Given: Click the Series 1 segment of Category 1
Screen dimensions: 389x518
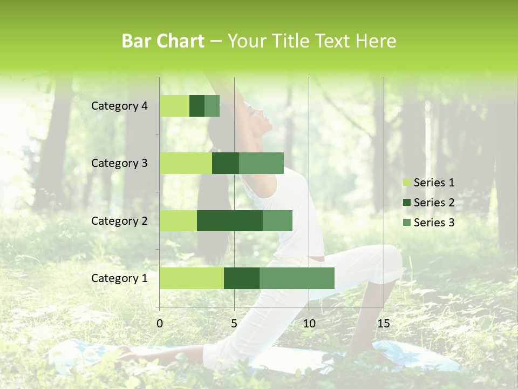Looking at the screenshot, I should (192, 278).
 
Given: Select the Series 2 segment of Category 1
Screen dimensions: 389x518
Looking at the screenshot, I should (242, 278).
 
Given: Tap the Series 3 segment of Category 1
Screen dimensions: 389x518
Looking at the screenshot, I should (297, 278).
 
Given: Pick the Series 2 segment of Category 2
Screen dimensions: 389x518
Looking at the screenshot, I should (230, 220).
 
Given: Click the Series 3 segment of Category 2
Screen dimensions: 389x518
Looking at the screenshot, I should (277, 220).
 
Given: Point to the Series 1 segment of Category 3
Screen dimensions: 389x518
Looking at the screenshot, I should (186, 163).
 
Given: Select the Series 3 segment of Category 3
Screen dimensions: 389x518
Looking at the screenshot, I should (261, 163).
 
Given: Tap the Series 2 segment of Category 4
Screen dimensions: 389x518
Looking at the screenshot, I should (197, 106).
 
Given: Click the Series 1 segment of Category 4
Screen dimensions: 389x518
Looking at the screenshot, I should (174, 106).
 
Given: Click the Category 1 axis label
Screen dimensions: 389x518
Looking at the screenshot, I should (119, 278).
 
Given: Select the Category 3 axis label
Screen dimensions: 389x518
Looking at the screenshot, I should (119, 163).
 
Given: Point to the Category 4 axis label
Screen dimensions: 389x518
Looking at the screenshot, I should (119, 106).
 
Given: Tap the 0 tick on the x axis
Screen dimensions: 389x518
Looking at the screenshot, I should (160, 324).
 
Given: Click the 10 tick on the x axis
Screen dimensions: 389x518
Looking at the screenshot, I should (309, 324).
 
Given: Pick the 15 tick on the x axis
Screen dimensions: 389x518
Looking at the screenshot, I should (384, 324).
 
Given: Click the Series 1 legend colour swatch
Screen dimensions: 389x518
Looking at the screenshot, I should (406, 183).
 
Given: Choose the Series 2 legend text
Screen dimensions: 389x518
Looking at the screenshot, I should (434, 203).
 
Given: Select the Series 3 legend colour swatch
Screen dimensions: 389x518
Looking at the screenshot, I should (406, 223).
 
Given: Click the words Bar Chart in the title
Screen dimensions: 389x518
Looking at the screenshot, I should (163, 41).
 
